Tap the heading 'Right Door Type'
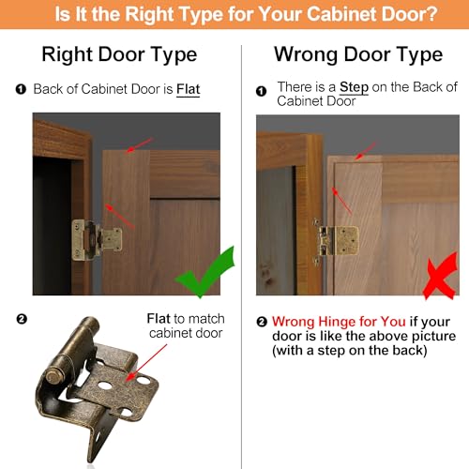click(119, 54)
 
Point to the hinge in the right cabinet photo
click(336, 240)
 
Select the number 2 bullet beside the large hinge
click(22, 319)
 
